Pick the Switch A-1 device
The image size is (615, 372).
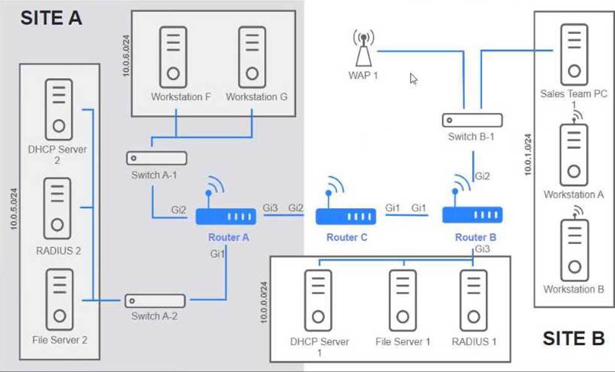click(x=156, y=158)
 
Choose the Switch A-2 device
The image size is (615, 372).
click(x=155, y=301)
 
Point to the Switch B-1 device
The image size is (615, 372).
click(x=472, y=120)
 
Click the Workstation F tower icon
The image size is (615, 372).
click(x=173, y=57)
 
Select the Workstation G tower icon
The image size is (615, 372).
click(x=252, y=57)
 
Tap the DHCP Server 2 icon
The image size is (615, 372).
click(x=59, y=110)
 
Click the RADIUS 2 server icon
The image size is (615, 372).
click(x=57, y=208)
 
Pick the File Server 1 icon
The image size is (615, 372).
click(x=403, y=301)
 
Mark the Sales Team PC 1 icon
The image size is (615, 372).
click(x=574, y=55)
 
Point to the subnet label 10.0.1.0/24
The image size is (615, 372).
click(x=528, y=154)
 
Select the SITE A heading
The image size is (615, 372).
click(x=52, y=18)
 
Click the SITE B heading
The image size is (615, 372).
click(x=574, y=338)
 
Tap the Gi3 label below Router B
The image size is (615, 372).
click(x=483, y=249)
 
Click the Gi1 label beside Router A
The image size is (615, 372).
click(x=217, y=254)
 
